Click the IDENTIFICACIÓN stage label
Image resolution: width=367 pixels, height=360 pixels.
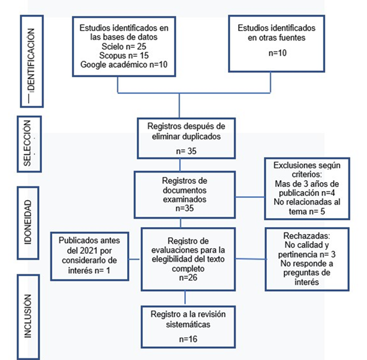(31, 60)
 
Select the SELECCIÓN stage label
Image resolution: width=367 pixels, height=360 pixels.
(27, 143)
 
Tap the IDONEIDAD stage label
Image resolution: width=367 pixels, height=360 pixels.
(28, 222)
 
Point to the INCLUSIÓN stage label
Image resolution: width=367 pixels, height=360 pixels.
(28, 316)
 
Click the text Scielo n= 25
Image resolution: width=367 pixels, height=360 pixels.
(124, 46)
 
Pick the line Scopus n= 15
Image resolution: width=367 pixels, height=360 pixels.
(124, 55)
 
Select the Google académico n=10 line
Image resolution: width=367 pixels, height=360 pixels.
(124, 65)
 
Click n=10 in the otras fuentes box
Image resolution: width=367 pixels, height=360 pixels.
(278, 53)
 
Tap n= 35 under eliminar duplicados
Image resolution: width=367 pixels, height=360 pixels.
(186, 151)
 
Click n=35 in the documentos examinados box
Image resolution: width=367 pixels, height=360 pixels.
(185, 208)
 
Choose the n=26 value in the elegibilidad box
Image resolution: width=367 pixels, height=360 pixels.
(188, 277)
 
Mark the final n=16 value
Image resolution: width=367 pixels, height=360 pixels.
(188, 339)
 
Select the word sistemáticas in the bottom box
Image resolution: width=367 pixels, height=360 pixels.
(188, 325)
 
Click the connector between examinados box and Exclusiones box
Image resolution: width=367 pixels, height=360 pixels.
(250, 197)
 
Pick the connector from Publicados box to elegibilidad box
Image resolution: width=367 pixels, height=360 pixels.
(134, 259)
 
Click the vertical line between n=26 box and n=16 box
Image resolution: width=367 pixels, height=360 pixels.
(185, 297)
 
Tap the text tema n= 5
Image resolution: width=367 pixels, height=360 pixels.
(307, 211)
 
